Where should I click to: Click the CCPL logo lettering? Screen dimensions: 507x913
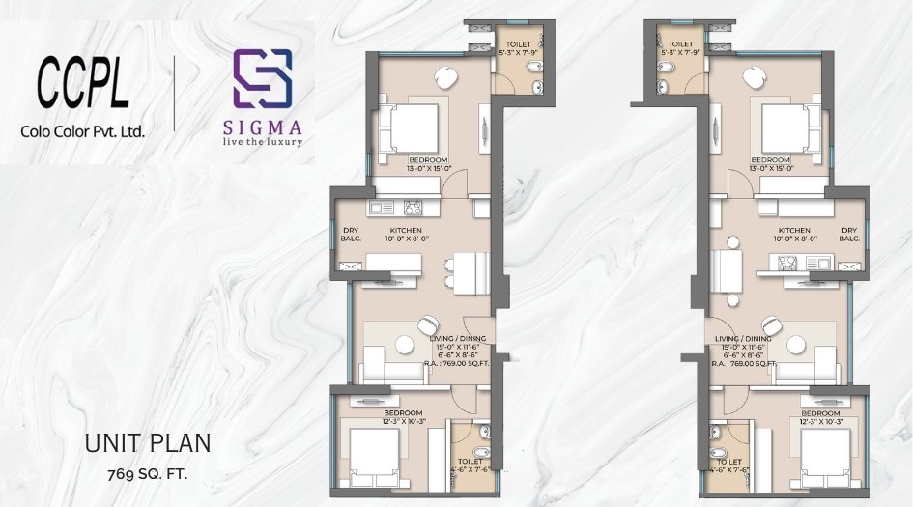tap(83, 85)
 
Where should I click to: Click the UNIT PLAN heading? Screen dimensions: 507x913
tap(148, 443)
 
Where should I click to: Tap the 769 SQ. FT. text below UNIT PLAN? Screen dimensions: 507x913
tap(148, 474)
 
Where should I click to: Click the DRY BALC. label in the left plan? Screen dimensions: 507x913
tap(351, 235)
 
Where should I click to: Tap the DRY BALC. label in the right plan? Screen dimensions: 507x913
tap(850, 234)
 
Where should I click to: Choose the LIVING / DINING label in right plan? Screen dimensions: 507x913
tap(744, 340)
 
